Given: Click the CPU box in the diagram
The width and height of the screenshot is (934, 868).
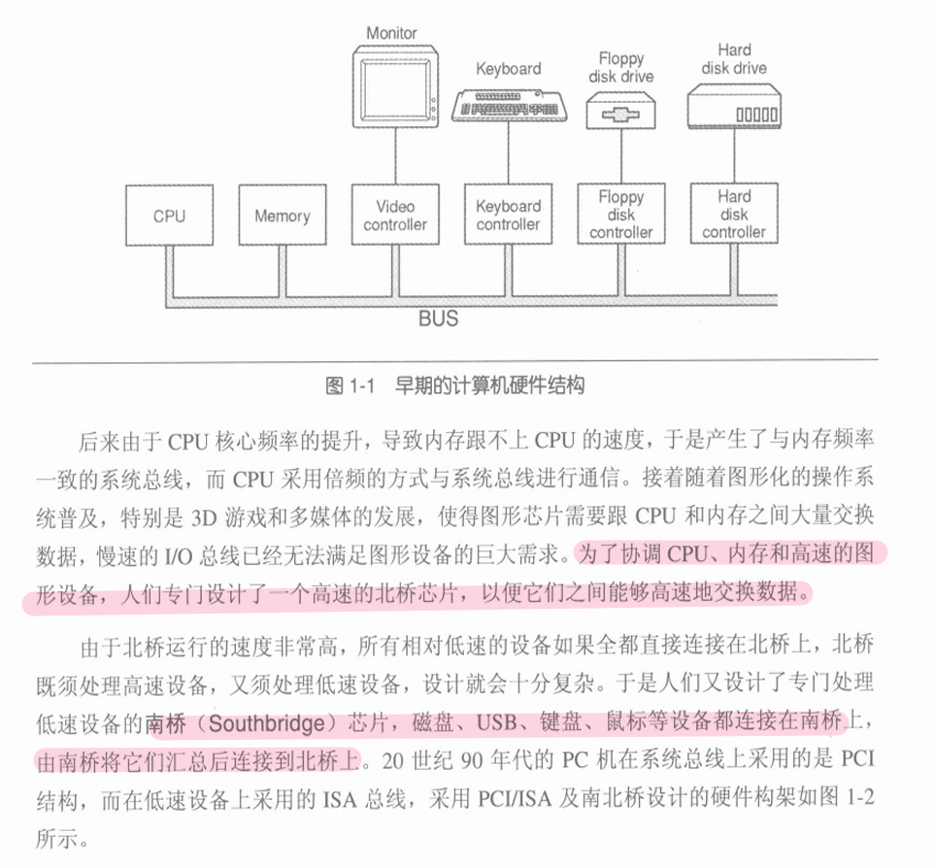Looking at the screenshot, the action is (169, 217).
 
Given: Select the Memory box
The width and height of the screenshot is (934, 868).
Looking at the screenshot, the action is (282, 217).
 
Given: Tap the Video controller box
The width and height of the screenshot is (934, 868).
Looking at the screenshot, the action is (395, 216).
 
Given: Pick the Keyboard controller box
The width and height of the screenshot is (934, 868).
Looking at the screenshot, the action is (508, 216).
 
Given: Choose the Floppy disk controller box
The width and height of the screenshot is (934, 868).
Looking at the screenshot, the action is (621, 215).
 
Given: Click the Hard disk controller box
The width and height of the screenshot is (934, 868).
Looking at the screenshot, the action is (734, 215).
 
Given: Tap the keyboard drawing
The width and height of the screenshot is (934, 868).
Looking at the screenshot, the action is (508, 101).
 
